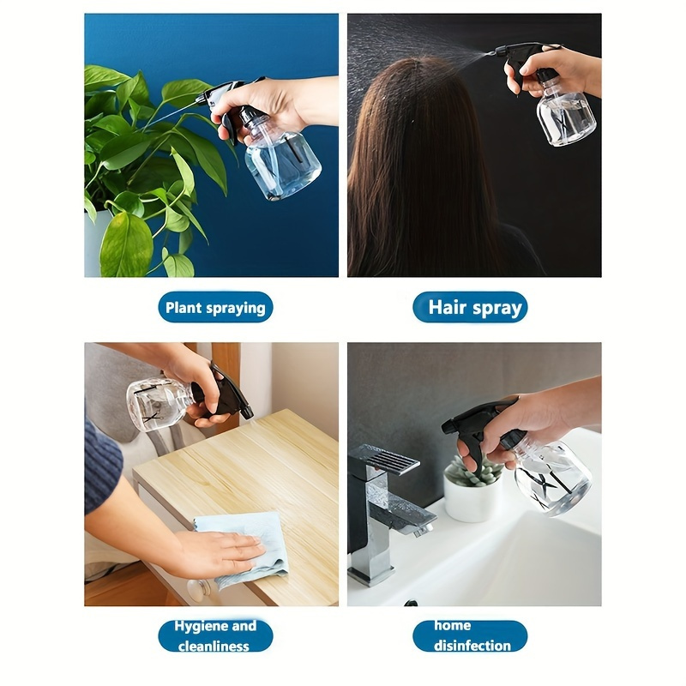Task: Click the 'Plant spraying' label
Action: pos(215,308)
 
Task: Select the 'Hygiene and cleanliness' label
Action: pos(215,635)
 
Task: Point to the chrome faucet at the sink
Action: pos(385,512)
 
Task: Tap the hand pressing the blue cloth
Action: pos(219,553)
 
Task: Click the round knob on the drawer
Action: pos(199,591)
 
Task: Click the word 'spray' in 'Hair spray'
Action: pos(496,309)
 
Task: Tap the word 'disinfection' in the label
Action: pos(472,646)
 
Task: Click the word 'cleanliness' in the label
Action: pos(214,647)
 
